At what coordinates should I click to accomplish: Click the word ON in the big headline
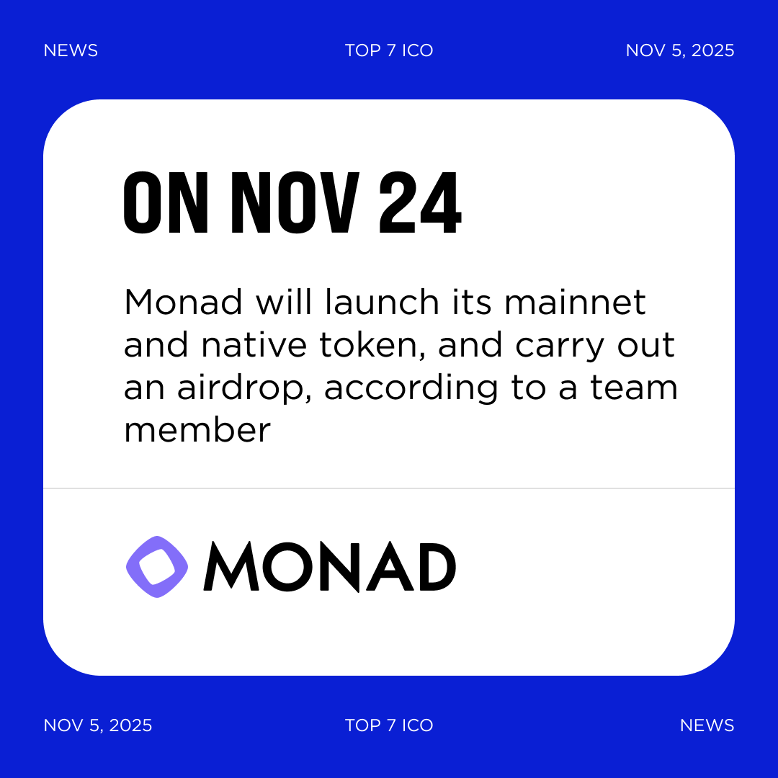tap(166, 205)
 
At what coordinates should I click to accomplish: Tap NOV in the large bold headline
tap(294, 205)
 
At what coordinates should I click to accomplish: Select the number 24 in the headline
tap(420, 205)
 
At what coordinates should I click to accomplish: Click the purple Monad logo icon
tap(157, 567)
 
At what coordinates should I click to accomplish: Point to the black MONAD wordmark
tap(330, 567)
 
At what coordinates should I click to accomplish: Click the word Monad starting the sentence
tap(183, 303)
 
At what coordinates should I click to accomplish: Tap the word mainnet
tap(575, 303)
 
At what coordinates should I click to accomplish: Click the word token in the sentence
tap(380, 346)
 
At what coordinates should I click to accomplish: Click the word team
tap(634, 389)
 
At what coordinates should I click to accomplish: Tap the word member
tap(197, 431)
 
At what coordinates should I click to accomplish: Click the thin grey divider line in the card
tap(389, 488)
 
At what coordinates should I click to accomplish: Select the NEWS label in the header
tap(71, 50)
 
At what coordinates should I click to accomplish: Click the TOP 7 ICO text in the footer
tap(389, 725)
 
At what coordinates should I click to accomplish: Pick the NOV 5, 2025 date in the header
tap(680, 50)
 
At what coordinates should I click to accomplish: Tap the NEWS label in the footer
tap(707, 725)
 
